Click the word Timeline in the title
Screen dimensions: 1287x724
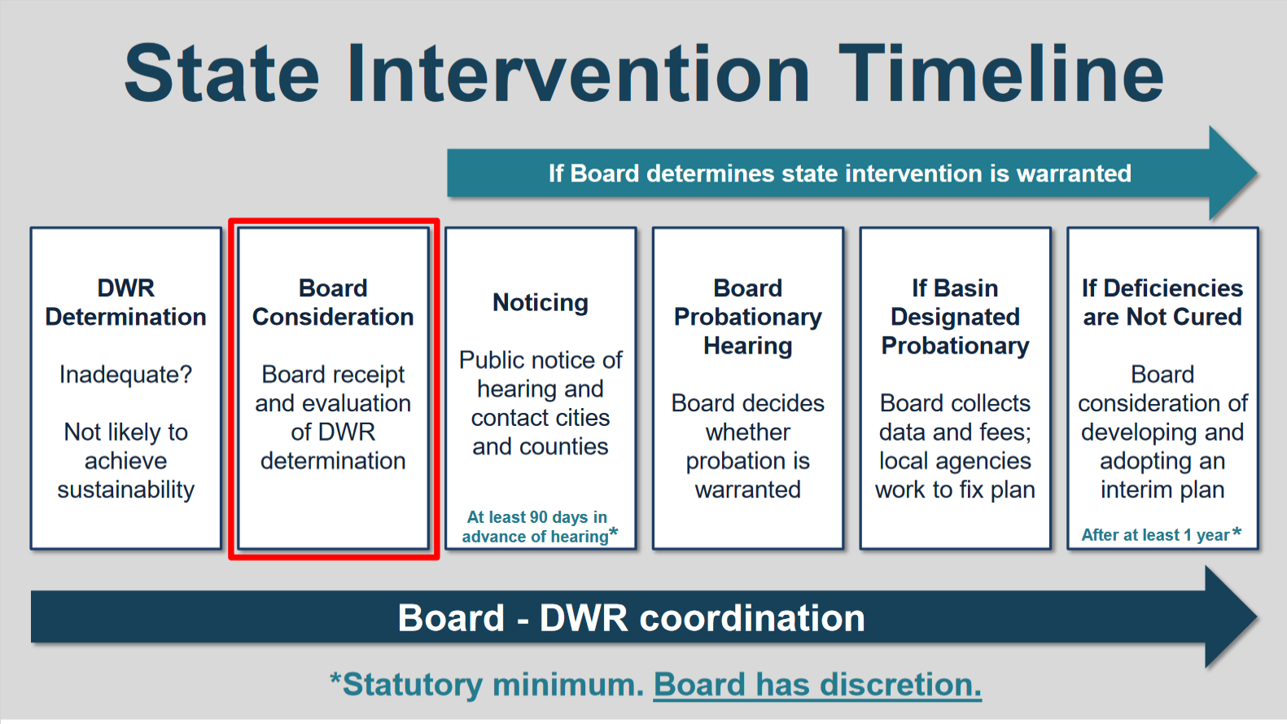(1000, 73)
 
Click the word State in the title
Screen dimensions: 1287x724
(221, 73)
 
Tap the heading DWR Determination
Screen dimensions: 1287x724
(126, 302)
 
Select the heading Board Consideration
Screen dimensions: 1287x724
(333, 302)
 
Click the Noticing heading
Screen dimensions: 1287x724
(541, 303)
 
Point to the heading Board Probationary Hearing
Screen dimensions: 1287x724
(748, 317)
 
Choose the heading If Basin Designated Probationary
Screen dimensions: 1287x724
(956, 317)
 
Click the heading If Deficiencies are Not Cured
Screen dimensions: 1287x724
(1162, 302)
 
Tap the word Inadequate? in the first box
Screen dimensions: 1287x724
(126, 375)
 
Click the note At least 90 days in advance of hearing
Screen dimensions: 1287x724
(540, 527)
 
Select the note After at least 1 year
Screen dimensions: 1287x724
(1161, 535)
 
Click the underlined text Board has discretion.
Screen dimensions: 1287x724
(817, 684)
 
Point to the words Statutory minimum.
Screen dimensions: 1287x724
(488, 684)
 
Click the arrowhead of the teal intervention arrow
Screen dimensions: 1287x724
(1233, 173)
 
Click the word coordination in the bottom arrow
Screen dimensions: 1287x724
(752, 618)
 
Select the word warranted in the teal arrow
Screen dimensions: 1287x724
(1074, 173)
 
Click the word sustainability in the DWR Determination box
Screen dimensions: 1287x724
(126, 490)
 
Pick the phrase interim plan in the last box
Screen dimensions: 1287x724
(1162, 490)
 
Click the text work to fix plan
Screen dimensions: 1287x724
(956, 490)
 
